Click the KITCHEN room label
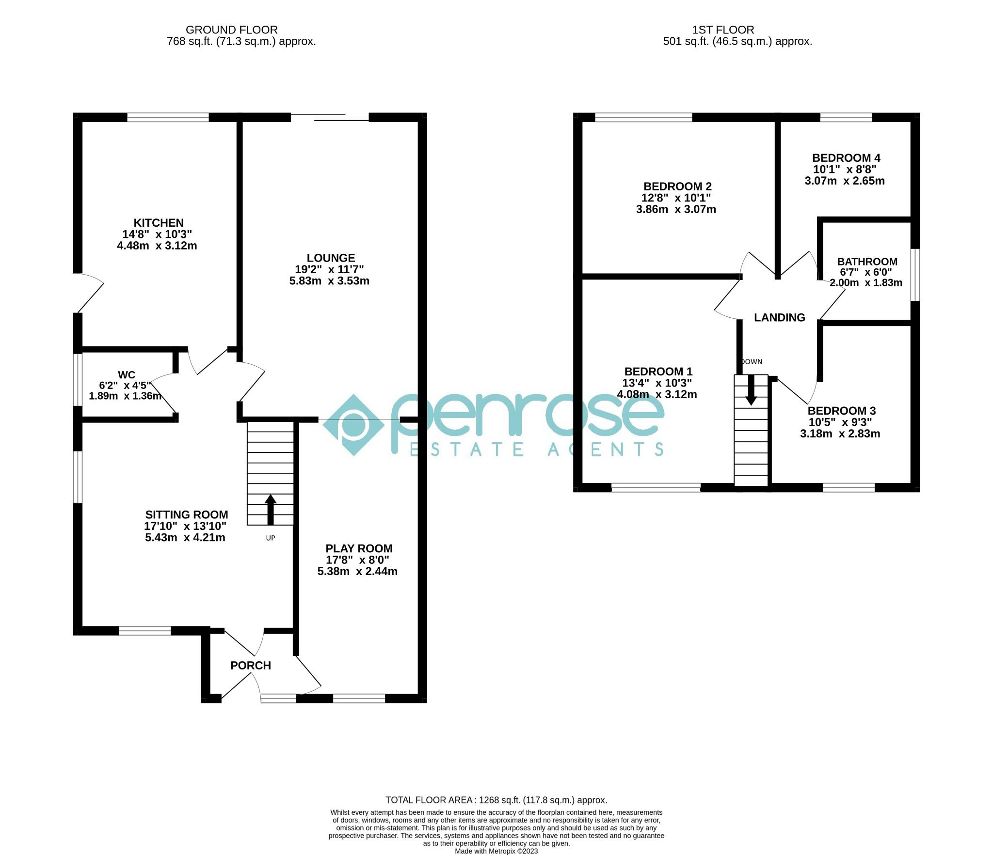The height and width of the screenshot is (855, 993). tap(159, 223)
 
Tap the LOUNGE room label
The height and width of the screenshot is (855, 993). tap(331, 258)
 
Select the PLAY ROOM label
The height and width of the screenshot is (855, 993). tap(359, 548)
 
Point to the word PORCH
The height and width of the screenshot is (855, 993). tap(251, 665)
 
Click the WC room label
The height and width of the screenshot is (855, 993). tap(127, 374)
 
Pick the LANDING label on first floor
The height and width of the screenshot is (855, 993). tap(779, 317)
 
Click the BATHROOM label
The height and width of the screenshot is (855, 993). tap(867, 262)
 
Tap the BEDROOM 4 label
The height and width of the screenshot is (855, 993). tap(846, 158)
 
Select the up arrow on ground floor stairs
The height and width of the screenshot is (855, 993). tap(271, 509)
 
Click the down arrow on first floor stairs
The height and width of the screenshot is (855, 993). tap(751, 390)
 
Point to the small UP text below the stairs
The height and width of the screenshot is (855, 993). tap(271, 538)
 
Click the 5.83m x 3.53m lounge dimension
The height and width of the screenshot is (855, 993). tap(329, 281)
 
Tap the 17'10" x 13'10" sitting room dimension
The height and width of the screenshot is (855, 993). tap(185, 526)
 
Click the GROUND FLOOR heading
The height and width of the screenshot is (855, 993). tap(232, 30)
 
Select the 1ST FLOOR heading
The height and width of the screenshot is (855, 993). tap(723, 30)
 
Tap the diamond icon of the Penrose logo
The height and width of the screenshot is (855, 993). tap(353, 425)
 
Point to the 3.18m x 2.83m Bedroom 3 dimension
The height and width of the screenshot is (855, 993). tap(840, 434)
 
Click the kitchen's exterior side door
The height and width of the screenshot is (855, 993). tap(90, 293)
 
